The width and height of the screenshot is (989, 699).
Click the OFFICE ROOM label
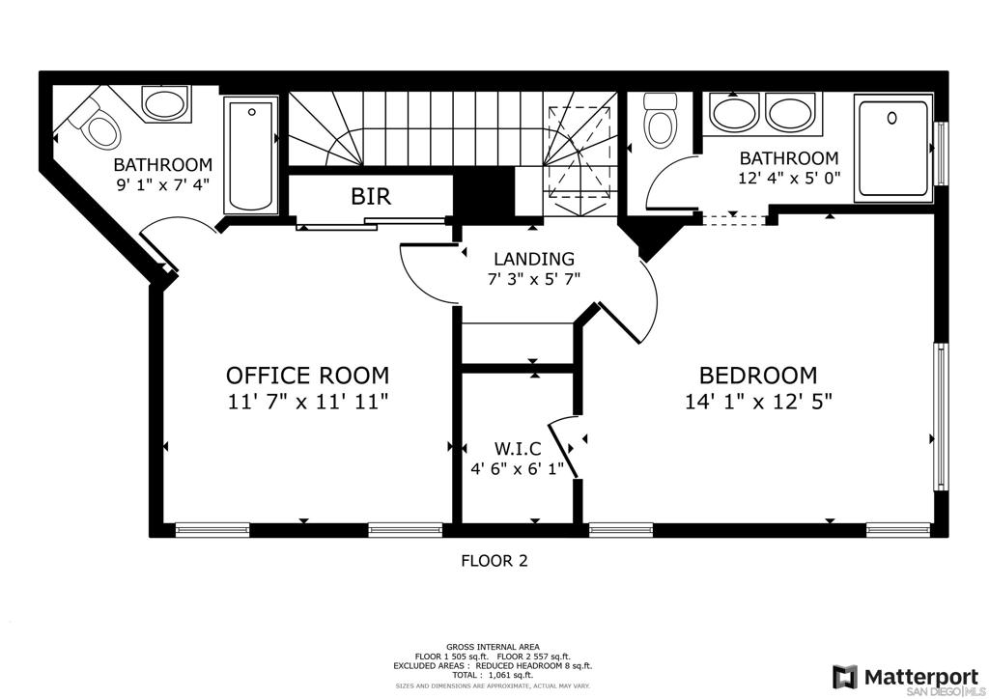(x=307, y=375)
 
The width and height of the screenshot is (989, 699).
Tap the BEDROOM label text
(x=757, y=375)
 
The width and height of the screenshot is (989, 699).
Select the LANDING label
(x=533, y=259)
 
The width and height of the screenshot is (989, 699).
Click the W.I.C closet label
(x=517, y=449)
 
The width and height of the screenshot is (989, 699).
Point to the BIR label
(x=370, y=197)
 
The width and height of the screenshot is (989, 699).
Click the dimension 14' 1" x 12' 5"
(x=757, y=402)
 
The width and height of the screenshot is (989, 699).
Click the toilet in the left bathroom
(x=97, y=126)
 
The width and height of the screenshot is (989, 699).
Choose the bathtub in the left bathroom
(x=250, y=154)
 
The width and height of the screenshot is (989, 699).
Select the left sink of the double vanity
(x=735, y=112)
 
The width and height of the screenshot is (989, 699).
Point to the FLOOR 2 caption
(x=494, y=560)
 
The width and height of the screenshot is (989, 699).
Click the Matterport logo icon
(x=845, y=676)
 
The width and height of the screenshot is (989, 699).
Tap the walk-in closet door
(x=563, y=448)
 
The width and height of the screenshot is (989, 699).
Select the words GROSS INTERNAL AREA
(x=493, y=647)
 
